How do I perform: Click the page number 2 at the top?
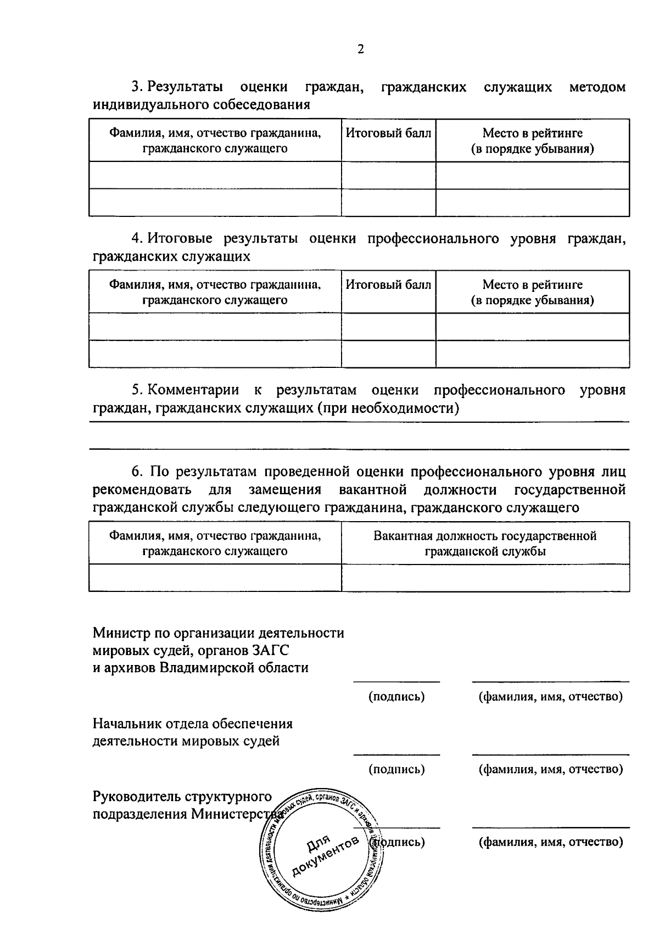pyautogui.click(x=360, y=49)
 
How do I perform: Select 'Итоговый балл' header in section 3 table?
pyautogui.click(x=388, y=133)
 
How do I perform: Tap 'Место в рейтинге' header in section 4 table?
pyautogui.click(x=532, y=284)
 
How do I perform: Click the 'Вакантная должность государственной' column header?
pyautogui.click(x=485, y=536)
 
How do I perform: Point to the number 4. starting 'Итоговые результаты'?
pyautogui.click(x=137, y=238)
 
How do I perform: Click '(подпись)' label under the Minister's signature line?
pyautogui.click(x=396, y=696)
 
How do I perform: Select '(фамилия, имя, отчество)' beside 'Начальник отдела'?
pyautogui.click(x=551, y=769)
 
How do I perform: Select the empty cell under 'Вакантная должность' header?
pyautogui.click(x=485, y=578)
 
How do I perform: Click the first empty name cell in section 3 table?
pyautogui.click(x=215, y=175)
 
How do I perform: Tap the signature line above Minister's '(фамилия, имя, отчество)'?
pyautogui.click(x=551, y=681)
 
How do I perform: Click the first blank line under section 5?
pyautogui.click(x=360, y=422)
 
